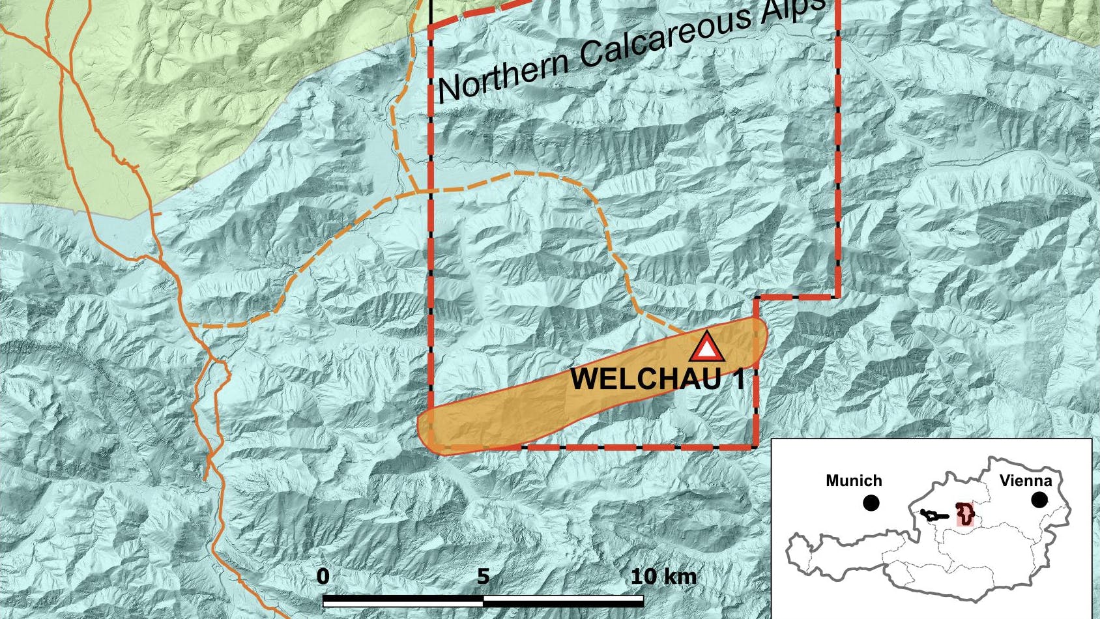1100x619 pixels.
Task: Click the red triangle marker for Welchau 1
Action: click(x=706, y=347)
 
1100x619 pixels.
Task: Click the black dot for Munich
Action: click(x=871, y=503)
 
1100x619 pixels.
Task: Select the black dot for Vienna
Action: click(x=1039, y=500)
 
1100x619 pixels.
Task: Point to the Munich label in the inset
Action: click(x=854, y=481)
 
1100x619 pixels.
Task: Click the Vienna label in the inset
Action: click(x=1026, y=481)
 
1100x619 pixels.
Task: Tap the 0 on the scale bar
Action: click(x=323, y=577)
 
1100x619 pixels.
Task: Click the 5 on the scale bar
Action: click(x=483, y=577)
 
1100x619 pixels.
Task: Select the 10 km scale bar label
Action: click(x=663, y=577)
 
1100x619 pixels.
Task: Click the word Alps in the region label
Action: click(x=792, y=10)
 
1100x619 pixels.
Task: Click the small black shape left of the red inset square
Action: click(x=934, y=515)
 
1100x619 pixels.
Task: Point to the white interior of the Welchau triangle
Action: click(x=706, y=351)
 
